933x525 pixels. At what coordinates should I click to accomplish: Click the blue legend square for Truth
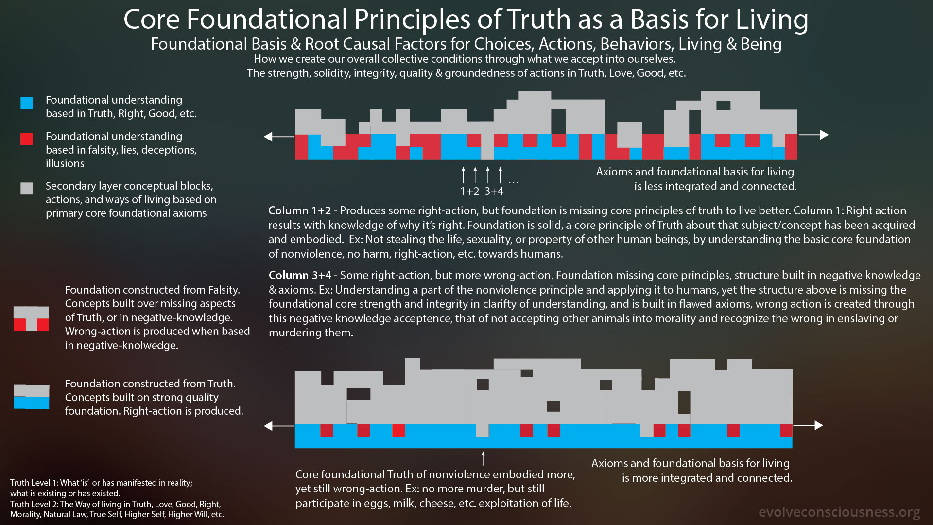[27, 103]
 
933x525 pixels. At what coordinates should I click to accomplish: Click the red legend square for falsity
[27, 139]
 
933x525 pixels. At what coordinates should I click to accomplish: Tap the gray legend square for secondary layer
[27, 189]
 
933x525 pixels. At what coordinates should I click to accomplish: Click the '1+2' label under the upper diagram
[469, 192]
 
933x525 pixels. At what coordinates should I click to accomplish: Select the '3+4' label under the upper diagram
[494, 192]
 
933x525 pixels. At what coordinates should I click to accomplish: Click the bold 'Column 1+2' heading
[300, 211]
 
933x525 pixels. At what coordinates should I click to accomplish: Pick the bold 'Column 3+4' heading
[300, 276]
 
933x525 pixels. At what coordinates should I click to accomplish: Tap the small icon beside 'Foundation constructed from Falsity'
[31, 318]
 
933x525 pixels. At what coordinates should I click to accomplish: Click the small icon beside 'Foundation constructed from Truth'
[31, 397]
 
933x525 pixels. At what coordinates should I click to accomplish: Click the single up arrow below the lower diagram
[483, 458]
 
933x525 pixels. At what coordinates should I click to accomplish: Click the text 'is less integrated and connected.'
[715, 186]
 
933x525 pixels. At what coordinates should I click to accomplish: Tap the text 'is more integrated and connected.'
[707, 478]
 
